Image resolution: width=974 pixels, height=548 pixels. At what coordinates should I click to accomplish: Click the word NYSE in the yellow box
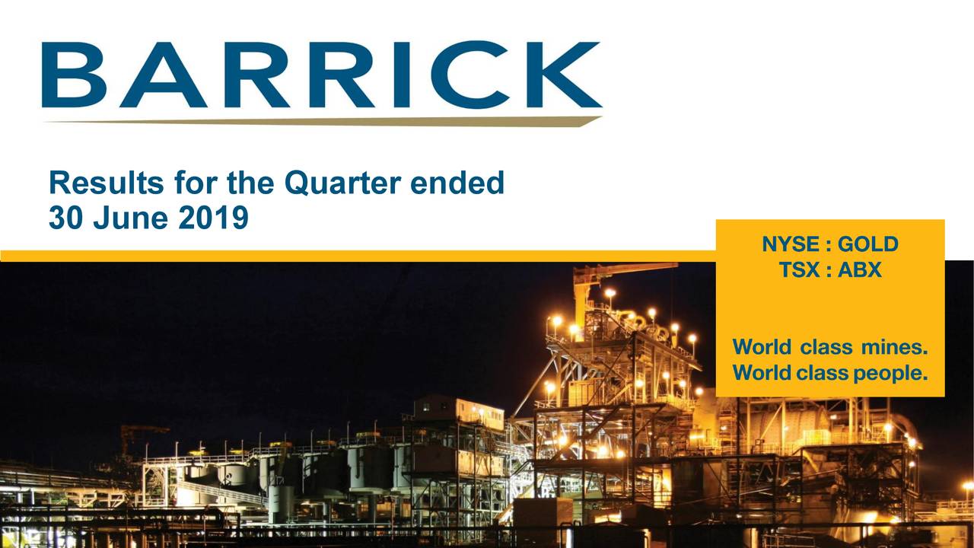(791, 244)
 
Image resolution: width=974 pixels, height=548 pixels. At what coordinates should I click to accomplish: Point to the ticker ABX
(859, 269)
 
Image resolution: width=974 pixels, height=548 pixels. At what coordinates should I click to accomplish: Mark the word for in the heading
(193, 183)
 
